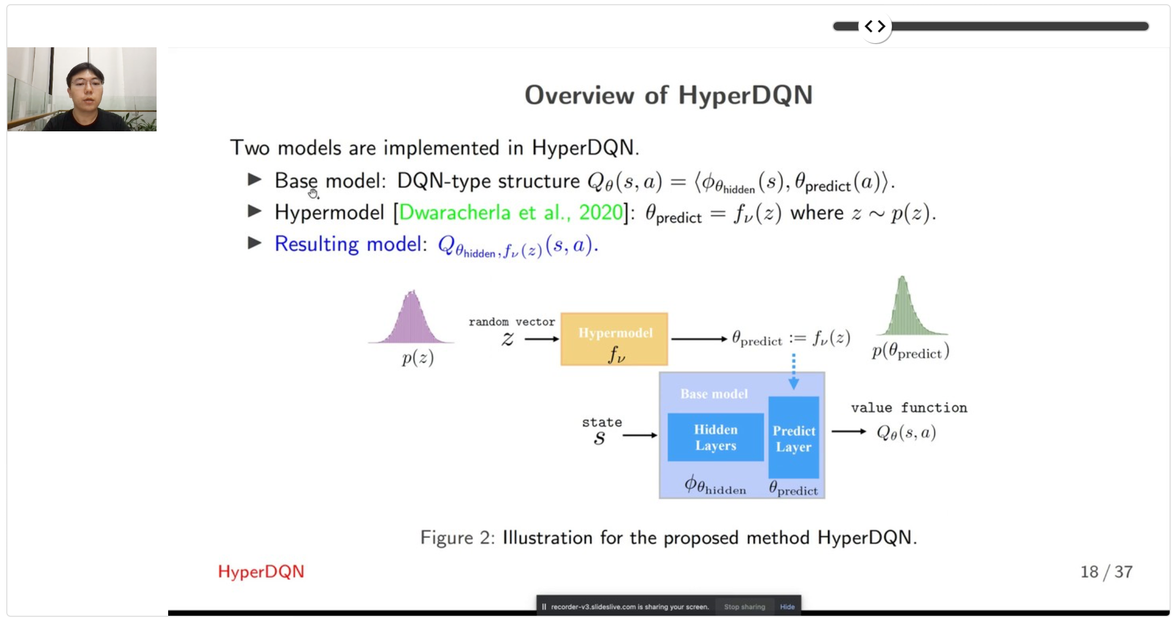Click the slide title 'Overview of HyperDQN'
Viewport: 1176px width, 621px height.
(668, 96)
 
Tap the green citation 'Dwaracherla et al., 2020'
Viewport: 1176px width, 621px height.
(511, 213)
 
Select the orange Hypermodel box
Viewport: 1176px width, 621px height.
(614, 339)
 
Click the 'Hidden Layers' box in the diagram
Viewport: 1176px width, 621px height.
(716, 437)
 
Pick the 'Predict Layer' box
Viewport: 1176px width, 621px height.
(793, 438)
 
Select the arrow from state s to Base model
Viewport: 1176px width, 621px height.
(640, 435)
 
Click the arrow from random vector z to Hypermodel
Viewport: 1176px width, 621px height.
(542, 339)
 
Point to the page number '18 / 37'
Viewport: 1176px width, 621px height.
(1106, 572)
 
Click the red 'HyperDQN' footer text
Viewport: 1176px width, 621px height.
(261, 572)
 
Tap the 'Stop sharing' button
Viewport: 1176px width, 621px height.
(745, 607)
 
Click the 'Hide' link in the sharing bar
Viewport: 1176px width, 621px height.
(787, 607)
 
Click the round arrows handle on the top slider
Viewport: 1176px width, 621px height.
(875, 26)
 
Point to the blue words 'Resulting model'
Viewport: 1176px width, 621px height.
(347, 244)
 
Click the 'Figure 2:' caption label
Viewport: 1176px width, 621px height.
(458, 538)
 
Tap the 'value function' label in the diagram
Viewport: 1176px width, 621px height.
(909, 408)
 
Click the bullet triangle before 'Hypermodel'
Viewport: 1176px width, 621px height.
(255, 211)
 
